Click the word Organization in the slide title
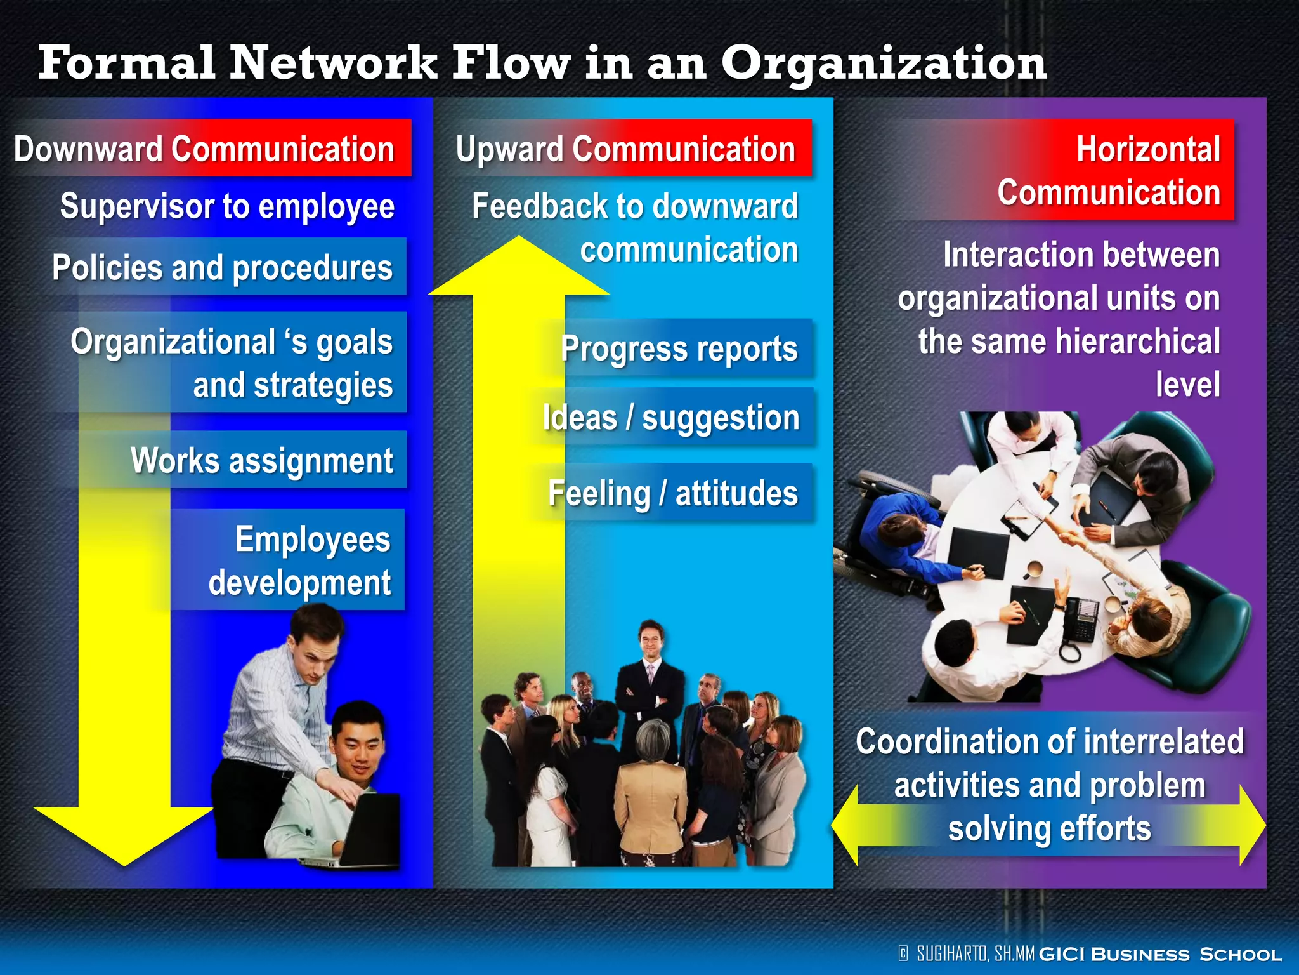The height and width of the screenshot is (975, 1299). click(884, 63)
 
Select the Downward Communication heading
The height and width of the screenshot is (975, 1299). click(204, 149)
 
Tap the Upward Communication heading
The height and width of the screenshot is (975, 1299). click(625, 149)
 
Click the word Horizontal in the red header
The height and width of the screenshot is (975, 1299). click(1148, 150)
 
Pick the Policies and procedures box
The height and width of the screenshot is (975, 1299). click(223, 267)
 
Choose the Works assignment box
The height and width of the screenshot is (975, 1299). click(261, 460)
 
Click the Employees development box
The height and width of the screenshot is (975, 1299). click(298, 560)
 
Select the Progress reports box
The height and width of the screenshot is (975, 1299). click(679, 348)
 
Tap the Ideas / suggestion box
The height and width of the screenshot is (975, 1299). click(671, 418)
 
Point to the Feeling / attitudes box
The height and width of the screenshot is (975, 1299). click(672, 493)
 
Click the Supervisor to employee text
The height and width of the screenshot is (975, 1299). click(227, 206)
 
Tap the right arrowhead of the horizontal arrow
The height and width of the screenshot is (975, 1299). click(1253, 825)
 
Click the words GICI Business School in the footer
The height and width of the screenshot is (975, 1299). click(1160, 954)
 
